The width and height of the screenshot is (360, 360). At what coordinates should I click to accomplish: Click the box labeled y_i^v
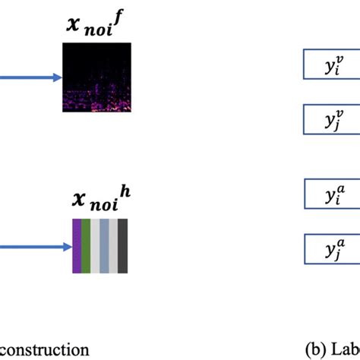(331, 65)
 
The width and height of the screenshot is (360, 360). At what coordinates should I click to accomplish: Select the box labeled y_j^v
(331, 119)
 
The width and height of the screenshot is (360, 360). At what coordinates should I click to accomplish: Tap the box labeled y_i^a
(331, 194)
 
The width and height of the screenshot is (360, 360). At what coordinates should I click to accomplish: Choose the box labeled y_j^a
(331, 248)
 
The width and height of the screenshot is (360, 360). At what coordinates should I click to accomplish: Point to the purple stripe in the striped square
(77, 246)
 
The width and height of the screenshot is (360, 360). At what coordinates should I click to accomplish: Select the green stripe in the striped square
(86, 246)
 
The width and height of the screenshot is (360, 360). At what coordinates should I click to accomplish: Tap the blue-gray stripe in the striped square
(104, 246)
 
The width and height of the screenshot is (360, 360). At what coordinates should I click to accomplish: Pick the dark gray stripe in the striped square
(122, 246)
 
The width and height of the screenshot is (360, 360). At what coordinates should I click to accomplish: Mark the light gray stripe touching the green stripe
(95, 246)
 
